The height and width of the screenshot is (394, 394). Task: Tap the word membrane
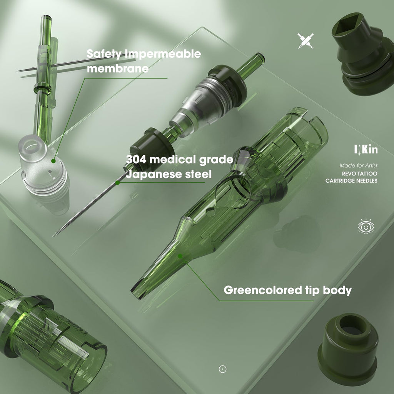[x=118, y=68]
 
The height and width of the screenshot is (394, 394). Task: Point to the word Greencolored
[x=262, y=290]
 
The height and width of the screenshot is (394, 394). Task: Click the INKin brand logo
[x=366, y=150]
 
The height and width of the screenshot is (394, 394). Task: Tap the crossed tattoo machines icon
[x=306, y=41]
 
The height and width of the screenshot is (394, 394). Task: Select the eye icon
[x=366, y=226]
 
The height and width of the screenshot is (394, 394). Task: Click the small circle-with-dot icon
[x=222, y=369]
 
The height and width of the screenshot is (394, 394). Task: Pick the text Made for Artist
[x=358, y=165]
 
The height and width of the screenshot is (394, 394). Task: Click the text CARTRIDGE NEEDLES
[x=351, y=181]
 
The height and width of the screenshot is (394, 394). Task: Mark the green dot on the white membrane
[x=53, y=161]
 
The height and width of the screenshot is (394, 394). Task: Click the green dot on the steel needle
[x=117, y=183]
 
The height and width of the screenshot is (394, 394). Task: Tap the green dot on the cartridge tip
[x=180, y=256]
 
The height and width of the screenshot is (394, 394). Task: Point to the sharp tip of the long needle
[x=53, y=236]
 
